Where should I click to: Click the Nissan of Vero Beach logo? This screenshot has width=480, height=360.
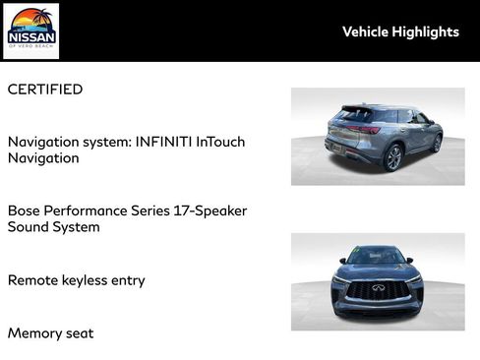tap(31, 30)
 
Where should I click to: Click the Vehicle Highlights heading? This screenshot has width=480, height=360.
tap(400, 31)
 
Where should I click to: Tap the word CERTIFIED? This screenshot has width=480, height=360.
tap(45, 90)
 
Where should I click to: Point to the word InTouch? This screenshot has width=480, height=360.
tap(220, 142)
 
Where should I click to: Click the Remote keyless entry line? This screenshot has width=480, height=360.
tap(77, 280)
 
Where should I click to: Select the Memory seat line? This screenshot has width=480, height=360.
tap(51, 333)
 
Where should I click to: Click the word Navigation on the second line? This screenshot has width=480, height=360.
tap(44, 158)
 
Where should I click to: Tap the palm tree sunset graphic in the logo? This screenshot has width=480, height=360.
tap(31, 20)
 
